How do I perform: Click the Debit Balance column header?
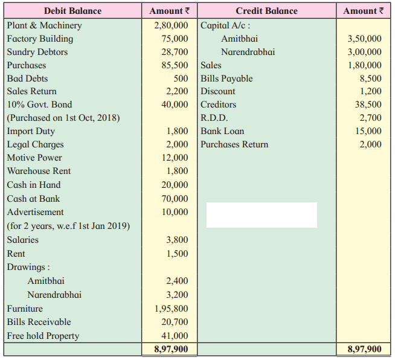[72, 11]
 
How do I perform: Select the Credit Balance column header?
[266, 11]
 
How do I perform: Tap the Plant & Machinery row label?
[44, 25]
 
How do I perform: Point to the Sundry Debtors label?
[37, 52]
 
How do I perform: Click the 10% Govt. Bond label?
[39, 104]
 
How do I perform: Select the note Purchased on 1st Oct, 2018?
[63, 118]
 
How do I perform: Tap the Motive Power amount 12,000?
[176, 158]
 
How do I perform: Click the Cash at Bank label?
[33, 199]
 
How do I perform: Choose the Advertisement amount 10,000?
[176, 212]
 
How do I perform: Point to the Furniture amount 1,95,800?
[172, 309]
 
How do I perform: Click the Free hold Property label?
[43, 336]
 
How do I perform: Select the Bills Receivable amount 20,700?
[176, 322]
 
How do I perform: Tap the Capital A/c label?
[225, 25]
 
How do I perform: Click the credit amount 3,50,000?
[364, 39]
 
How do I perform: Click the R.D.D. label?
[214, 118]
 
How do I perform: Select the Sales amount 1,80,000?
[364, 65]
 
